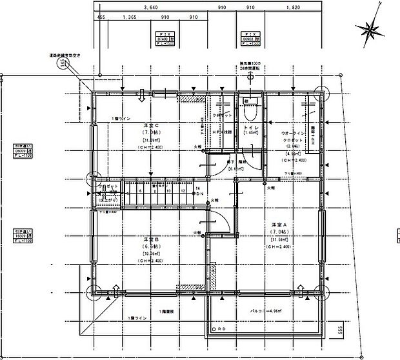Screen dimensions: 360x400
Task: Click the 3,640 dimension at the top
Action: (149, 7)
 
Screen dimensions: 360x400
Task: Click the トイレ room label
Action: (251, 129)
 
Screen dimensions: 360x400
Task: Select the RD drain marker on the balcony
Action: (221, 328)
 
